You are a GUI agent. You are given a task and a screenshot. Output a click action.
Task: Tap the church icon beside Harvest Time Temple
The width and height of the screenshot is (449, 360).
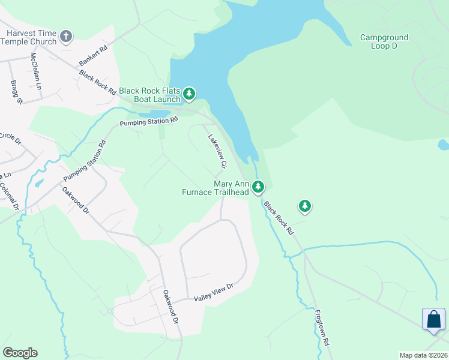pyautogui.click(x=67, y=37)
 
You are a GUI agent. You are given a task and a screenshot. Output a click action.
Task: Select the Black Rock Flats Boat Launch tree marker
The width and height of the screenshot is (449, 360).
pyautogui.click(x=190, y=94)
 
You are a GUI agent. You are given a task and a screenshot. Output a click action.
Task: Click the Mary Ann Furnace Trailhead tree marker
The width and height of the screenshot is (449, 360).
pyautogui.click(x=258, y=187)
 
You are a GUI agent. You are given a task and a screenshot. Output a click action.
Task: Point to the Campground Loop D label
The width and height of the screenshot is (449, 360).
pyautogui.click(x=384, y=41)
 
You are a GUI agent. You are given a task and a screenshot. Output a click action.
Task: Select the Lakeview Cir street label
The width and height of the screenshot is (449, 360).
pyautogui.click(x=217, y=151)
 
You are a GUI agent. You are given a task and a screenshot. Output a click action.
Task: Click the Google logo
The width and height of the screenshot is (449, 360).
pyautogui.click(x=20, y=353)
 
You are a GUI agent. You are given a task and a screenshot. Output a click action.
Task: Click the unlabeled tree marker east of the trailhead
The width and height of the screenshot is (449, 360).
pyautogui.click(x=305, y=206)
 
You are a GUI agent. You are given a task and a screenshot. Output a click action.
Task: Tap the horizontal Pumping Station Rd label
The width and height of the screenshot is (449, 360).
pyautogui.click(x=149, y=121)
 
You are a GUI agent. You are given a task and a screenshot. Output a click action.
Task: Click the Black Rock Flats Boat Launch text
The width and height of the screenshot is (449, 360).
pyautogui.click(x=149, y=94)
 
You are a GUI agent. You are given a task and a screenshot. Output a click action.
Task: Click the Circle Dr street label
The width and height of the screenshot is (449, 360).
pyautogui.click(x=10, y=139)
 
